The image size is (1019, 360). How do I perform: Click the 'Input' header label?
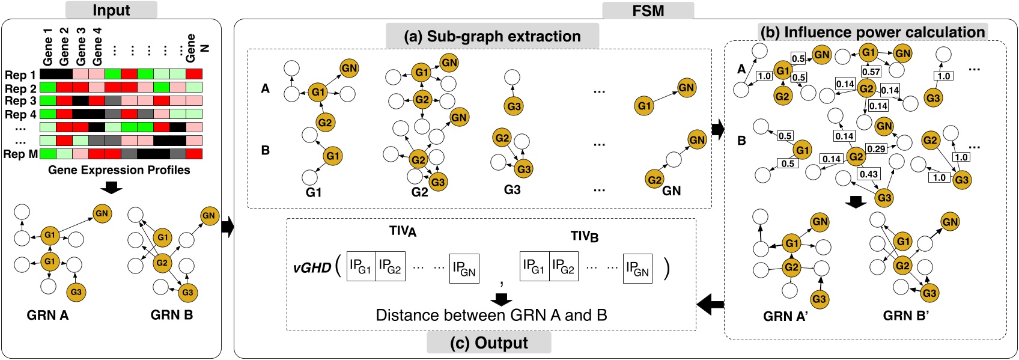[x=111, y=10]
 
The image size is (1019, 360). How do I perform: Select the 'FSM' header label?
[x=648, y=11]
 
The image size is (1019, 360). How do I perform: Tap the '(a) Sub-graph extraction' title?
[x=492, y=37]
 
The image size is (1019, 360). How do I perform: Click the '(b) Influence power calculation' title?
[x=872, y=32]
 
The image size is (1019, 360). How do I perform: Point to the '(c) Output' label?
[x=488, y=343]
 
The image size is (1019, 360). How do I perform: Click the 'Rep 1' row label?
[x=20, y=75]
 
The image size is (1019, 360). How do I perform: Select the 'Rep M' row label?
[x=20, y=154]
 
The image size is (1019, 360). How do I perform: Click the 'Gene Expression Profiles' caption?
[x=119, y=170]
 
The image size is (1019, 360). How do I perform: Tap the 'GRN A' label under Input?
[x=47, y=315]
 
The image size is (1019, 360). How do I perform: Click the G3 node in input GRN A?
[x=76, y=292]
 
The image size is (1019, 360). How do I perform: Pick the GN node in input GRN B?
[x=208, y=215]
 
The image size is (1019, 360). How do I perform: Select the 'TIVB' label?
[x=584, y=236]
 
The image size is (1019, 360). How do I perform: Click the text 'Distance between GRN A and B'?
[x=491, y=315]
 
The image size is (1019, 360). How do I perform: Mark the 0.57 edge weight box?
[x=871, y=72]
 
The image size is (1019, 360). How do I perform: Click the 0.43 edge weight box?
[x=868, y=174]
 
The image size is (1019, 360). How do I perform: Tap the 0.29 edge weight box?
[x=876, y=148]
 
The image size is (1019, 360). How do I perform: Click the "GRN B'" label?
[x=905, y=316]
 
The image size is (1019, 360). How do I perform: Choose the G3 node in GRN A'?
[x=819, y=299]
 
